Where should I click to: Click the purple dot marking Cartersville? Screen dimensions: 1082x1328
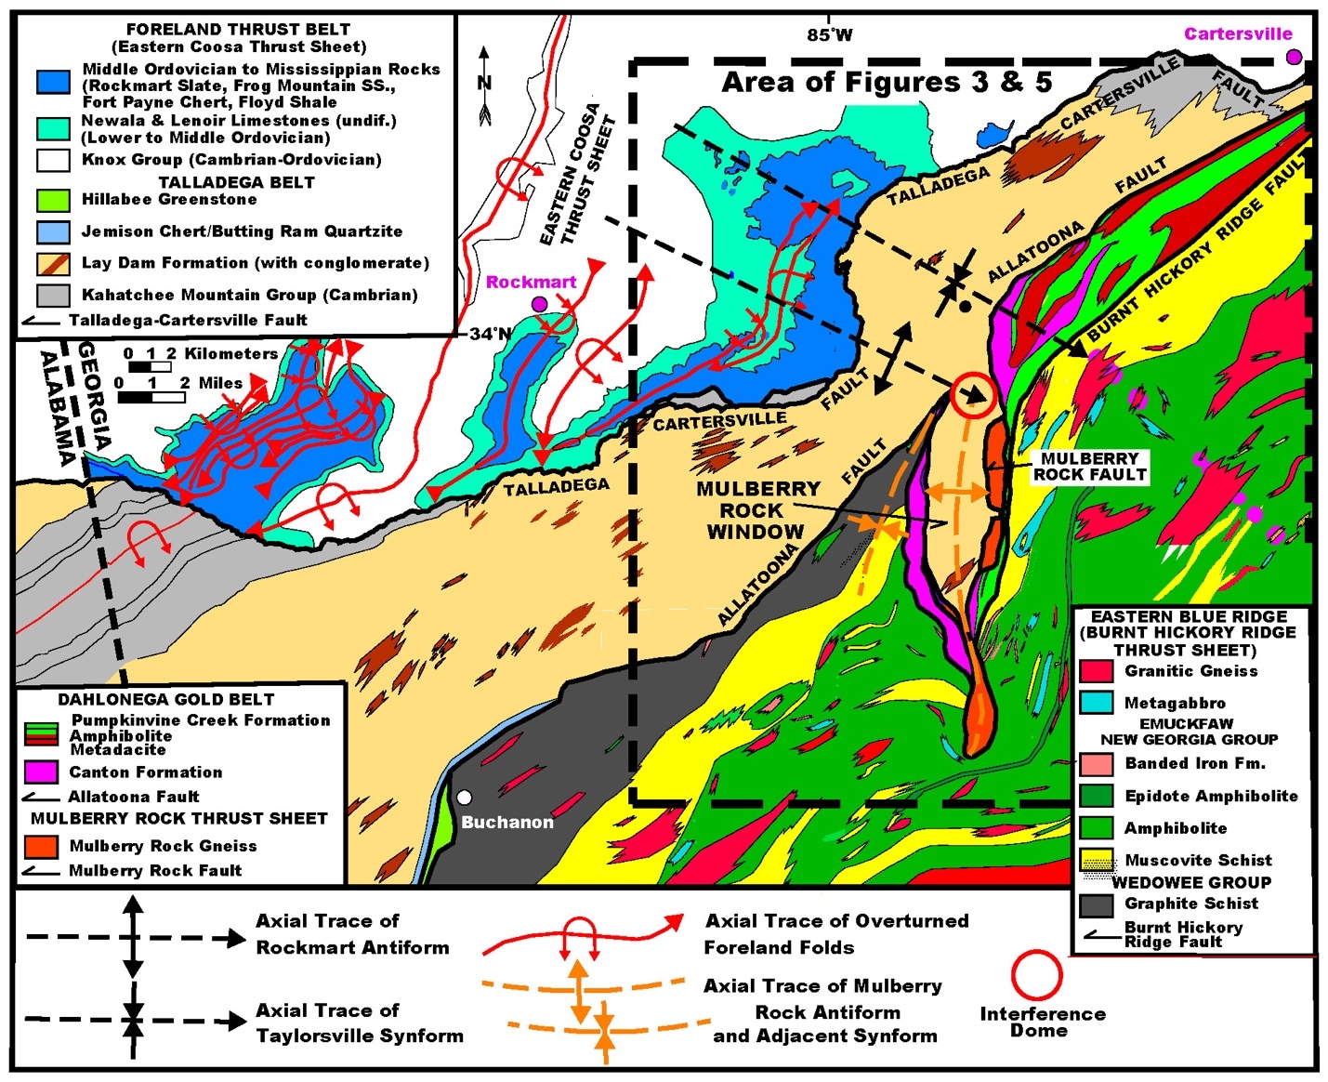coord(1294,57)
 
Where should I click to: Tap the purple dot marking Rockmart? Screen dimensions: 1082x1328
coord(539,304)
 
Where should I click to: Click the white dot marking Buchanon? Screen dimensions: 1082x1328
coord(465,798)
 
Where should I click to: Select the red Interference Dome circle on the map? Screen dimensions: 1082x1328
coord(973,395)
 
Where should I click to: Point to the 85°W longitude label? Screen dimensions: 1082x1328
coord(829,35)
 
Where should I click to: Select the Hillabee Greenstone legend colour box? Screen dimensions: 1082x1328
coord(53,200)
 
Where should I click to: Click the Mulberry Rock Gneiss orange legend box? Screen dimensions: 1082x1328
coord(41,846)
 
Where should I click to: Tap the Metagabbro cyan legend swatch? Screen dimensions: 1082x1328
coord(1097,703)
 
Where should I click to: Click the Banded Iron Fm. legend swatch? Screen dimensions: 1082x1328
coord(1097,764)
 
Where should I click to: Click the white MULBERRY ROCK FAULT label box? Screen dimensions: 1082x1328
coord(1089,467)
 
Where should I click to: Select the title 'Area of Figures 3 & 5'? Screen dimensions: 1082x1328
coord(887,82)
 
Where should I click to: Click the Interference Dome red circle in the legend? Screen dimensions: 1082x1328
coord(1036,975)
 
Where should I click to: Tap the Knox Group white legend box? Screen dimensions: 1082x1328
coord(53,160)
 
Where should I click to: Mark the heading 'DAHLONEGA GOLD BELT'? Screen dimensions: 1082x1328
coord(166,699)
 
